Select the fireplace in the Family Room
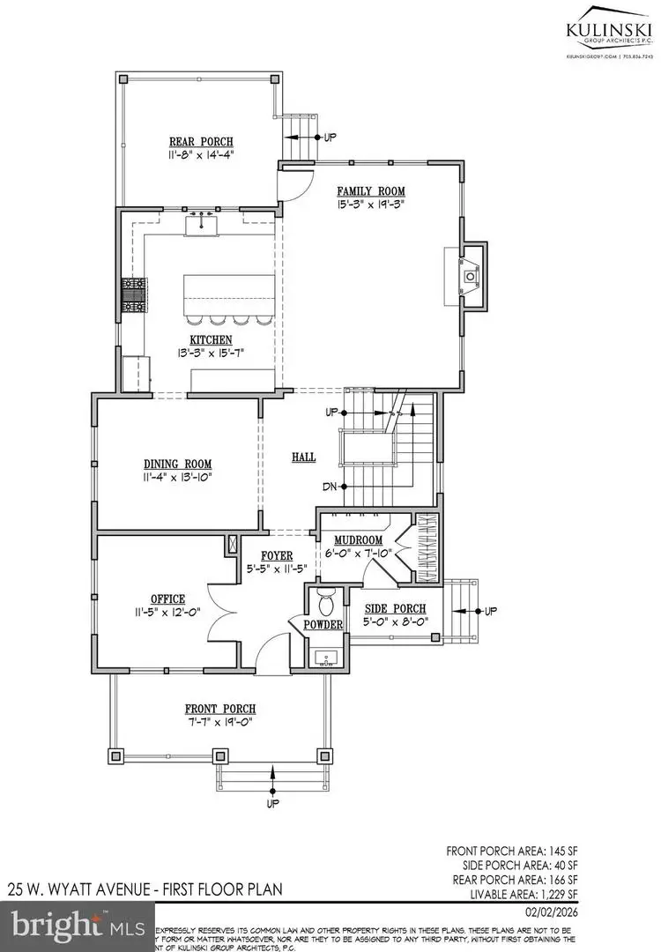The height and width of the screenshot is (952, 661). click(x=472, y=276)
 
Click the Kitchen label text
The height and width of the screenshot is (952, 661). click(x=210, y=340)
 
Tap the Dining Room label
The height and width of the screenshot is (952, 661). click(x=178, y=464)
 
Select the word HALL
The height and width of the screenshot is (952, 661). click(x=304, y=457)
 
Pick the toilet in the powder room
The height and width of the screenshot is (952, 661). click(x=325, y=604)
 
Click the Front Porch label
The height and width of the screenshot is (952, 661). click(x=220, y=709)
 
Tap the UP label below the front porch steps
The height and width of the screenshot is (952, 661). click(x=272, y=804)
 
